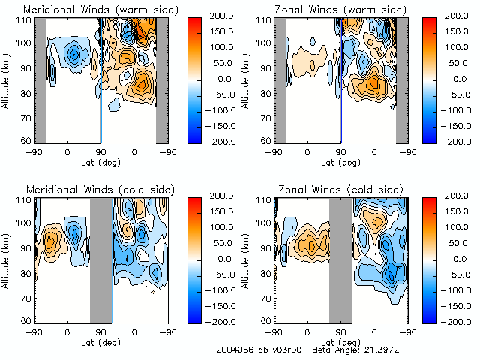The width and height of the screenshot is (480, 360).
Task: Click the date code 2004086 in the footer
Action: coord(235,350)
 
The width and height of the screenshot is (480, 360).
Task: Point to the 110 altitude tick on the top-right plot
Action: coord(265,20)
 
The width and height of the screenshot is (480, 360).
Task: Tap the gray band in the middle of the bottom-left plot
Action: coord(100,259)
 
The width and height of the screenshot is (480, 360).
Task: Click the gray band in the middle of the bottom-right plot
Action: coord(340,259)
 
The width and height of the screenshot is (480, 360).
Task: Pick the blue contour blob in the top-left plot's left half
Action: coord(73,54)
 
